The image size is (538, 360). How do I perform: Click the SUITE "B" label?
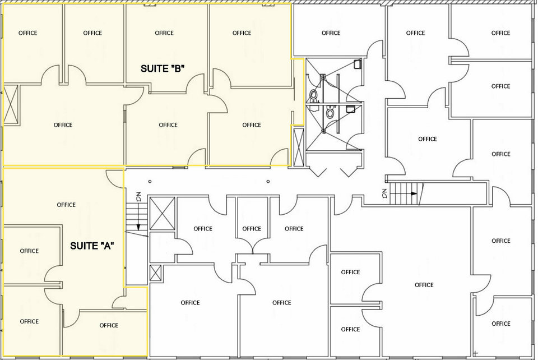click(x=163, y=68)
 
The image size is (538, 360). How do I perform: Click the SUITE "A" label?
click(x=92, y=246)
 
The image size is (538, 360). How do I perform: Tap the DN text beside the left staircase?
click(x=138, y=197)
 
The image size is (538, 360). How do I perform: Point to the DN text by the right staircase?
click(x=384, y=193)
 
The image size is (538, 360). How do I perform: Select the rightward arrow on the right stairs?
click(x=404, y=193)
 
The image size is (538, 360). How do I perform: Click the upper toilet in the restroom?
click(x=314, y=95)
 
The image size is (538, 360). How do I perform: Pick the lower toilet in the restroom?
click(x=330, y=113)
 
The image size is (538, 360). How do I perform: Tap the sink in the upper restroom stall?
click(x=357, y=64)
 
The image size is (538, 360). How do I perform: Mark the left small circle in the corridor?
click(x=150, y=181)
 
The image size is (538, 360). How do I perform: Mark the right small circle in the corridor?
click(x=268, y=181)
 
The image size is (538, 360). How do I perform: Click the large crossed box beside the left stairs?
click(x=163, y=213)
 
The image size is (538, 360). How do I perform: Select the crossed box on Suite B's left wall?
click(x=11, y=104)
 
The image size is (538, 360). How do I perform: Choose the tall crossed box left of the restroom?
click(x=299, y=147)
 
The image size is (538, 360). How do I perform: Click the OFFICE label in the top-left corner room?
click(x=28, y=33)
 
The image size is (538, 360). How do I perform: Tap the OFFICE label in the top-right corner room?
click(x=500, y=33)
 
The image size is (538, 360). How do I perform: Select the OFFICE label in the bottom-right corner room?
click(x=501, y=324)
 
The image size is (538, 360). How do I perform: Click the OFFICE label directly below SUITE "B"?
click(x=168, y=125)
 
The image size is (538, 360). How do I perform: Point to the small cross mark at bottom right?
click(x=475, y=353)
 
